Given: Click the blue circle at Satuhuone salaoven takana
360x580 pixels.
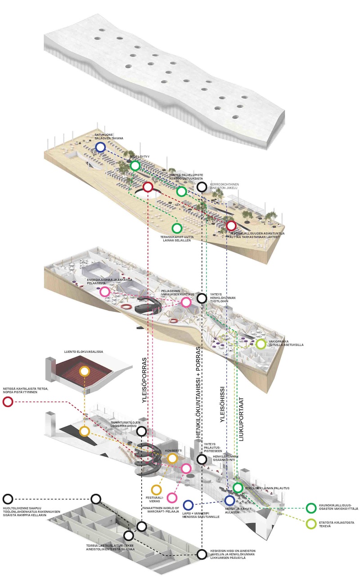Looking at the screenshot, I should tap(100, 147).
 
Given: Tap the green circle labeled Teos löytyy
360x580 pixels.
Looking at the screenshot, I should tap(135, 166).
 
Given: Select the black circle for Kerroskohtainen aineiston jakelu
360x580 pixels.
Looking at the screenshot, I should tap(202, 187).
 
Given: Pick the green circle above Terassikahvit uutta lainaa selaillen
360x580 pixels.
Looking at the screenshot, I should tap(177, 228).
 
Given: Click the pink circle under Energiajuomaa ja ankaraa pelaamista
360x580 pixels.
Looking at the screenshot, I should tap(105, 292).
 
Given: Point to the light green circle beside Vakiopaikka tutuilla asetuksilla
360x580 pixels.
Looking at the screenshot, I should tap(261, 344).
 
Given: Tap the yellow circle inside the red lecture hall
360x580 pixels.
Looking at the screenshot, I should tap(84, 371).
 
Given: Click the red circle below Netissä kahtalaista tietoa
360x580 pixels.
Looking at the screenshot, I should tap(8, 402).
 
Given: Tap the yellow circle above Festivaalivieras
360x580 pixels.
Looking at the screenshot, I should tap(156, 489).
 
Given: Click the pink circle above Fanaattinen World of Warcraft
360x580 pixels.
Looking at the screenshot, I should tap(171, 498).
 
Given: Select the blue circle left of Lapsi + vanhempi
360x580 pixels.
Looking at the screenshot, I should tap(188, 505).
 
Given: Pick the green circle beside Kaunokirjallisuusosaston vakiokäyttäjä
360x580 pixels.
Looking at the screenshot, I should tap(310, 508).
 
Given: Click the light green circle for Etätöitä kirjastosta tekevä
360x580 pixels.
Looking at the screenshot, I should tap(310, 523).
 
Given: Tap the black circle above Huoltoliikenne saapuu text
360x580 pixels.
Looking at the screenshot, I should tap(8, 499).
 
